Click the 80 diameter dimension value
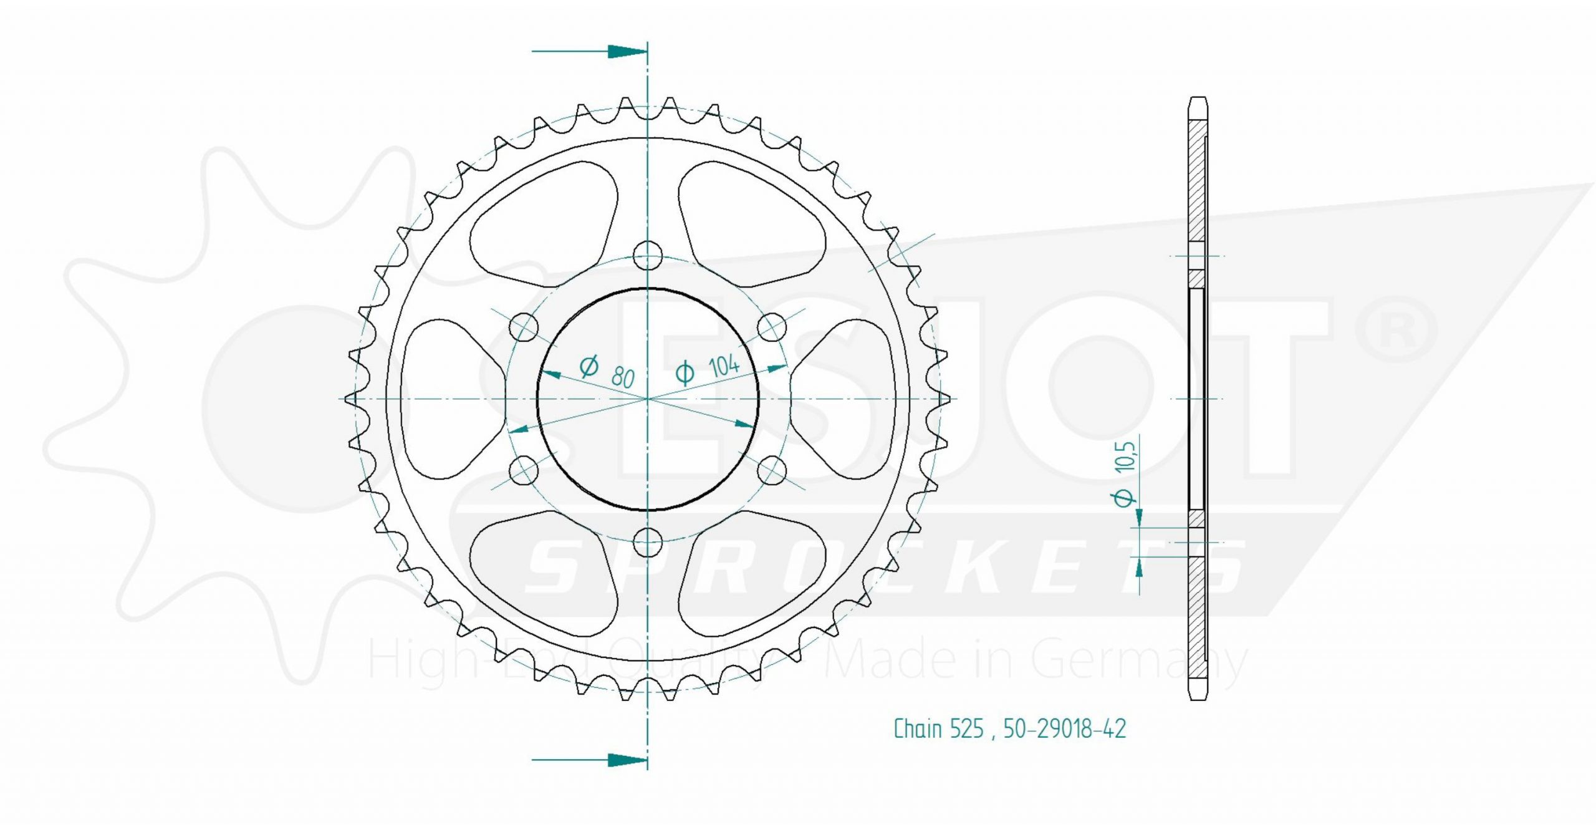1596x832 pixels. (x=623, y=377)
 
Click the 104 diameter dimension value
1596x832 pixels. (x=724, y=366)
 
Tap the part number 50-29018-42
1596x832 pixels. (x=1065, y=729)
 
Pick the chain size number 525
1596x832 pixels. (x=967, y=729)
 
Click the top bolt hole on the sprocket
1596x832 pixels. (x=648, y=255)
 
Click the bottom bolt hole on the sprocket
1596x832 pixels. (x=648, y=541)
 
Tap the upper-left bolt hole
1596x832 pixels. (x=524, y=326)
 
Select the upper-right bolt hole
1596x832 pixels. (x=772, y=326)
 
